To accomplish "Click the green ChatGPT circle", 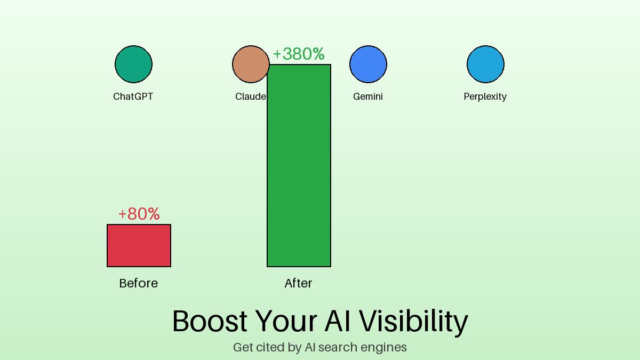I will [133, 65].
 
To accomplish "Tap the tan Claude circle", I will [249, 65].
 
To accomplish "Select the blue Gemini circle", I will [368, 65].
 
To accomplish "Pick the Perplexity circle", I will [485, 65].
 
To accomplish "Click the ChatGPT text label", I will [133, 97].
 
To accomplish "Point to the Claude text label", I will [250, 97].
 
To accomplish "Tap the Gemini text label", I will [368, 97].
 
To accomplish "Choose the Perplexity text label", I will [485, 97].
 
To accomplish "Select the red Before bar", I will [139, 245].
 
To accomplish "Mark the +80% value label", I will [139, 214].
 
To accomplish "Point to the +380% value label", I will [299, 54].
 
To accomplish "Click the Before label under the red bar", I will [139, 283].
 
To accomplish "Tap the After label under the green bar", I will [299, 283].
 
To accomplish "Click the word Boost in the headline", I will [210, 321].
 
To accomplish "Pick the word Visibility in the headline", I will [413, 321].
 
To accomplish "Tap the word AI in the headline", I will [337, 321].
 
